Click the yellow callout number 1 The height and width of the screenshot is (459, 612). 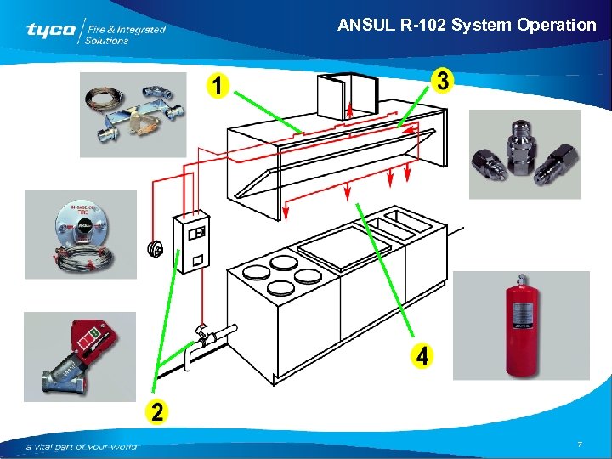coord(220,86)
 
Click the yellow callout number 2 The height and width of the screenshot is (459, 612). coord(156,411)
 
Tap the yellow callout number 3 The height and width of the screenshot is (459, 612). coord(443,81)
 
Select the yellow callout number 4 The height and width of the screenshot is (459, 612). coord(420,356)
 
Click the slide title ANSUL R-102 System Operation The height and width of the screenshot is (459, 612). coord(467,25)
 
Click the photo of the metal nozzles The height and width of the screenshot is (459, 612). coord(524,154)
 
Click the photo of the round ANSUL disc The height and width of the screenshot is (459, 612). coord(81,234)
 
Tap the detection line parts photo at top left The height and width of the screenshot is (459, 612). coord(133,114)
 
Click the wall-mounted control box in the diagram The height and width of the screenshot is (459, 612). coord(191,241)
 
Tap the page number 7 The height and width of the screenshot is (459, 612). coord(579,445)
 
